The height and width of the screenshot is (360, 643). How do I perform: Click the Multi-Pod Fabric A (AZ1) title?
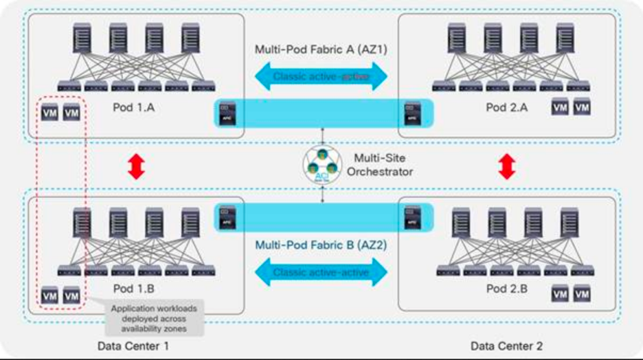pyautogui.click(x=321, y=49)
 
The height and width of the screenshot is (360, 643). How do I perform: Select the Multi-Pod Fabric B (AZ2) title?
pyautogui.click(x=321, y=244)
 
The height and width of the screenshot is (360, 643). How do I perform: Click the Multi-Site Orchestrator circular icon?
pyautogui.click(x=322, y=165)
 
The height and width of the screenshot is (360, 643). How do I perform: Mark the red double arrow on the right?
pyautogui.click(x=507, y=166)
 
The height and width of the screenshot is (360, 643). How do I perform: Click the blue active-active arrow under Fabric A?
pyautogui.click(x=321, y=76)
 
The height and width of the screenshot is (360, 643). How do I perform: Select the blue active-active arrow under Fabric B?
pyautogui.click(x=321, y=273)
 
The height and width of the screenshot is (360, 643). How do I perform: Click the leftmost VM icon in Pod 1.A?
pyautogui.click(x=49, y=113)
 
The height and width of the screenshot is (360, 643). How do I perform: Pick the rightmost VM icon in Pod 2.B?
pyautogui.click(x=582, y=294)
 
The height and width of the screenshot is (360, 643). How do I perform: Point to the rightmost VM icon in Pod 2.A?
pyautogui.click(x=582, y=108)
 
